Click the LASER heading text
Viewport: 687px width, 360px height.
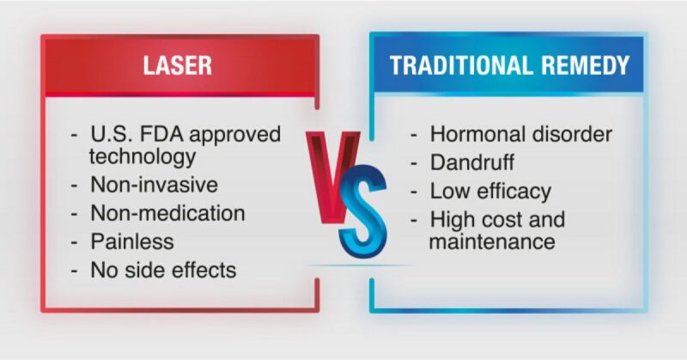click(178, 65)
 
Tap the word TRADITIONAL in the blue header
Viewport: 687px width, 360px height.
click(461, 65)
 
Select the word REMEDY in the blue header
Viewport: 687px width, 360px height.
click(586, 65)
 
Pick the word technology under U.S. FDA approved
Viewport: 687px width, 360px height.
click(143, 156)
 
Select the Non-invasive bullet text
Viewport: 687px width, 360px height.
click(154, 184)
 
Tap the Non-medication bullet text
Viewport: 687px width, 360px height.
click(167, 213)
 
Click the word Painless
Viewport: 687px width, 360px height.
click(132, 241)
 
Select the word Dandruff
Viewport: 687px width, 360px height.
click(471, 162)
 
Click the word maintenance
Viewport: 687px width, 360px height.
click(492, 241)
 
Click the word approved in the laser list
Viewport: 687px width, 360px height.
click(234, 135)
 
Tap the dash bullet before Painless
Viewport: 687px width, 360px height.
click(75, 242)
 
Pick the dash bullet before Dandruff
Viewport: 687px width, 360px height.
click(415, 163)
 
